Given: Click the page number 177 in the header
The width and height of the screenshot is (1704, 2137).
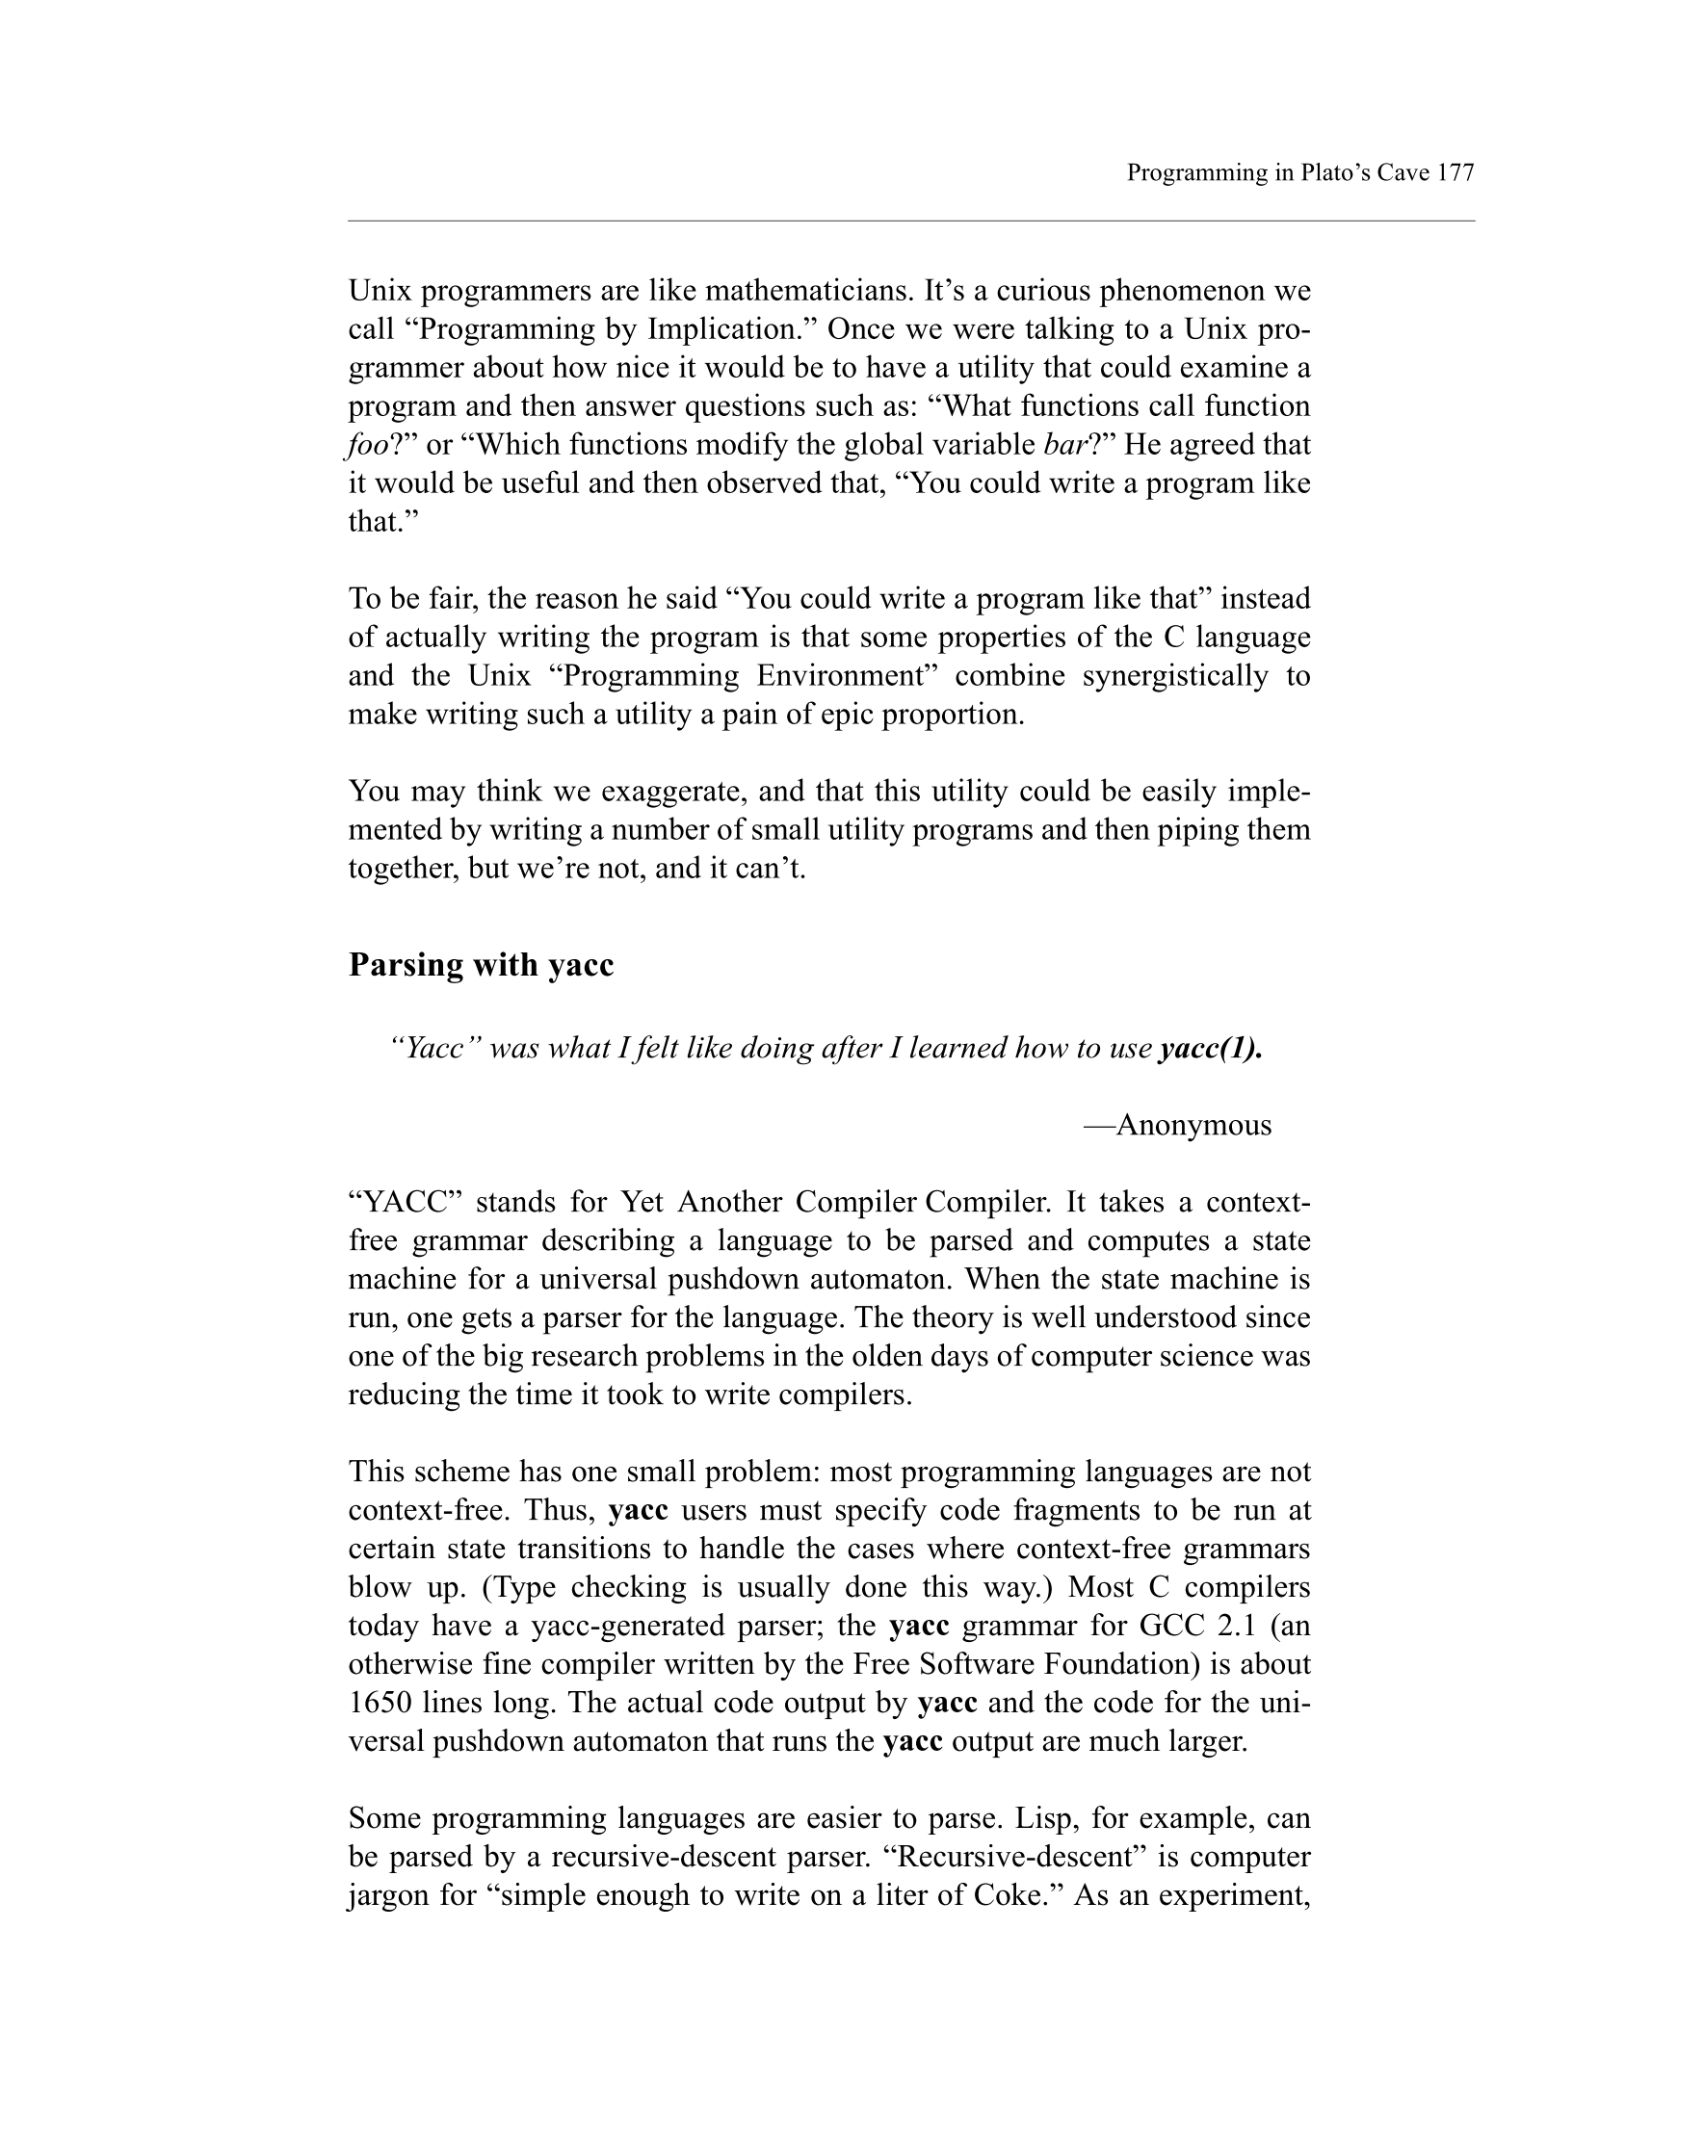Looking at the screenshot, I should (x=1455, y=173).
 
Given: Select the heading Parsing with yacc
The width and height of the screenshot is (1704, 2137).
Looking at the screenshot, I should (x=481, y=964).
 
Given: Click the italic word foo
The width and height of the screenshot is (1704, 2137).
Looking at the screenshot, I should (x=366, y=445).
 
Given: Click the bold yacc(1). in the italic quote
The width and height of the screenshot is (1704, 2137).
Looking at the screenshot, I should (x=1211, y=1048).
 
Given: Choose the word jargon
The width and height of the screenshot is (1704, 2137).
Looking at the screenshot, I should (x=386, y=1895).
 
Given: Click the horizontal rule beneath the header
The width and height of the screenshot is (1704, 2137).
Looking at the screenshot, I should (x=911, y=222).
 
